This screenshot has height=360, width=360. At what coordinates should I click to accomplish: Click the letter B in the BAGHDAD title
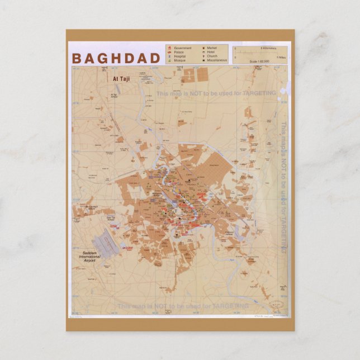[x=76, y=58]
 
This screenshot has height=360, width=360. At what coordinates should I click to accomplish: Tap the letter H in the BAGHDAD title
[x=113, y=58]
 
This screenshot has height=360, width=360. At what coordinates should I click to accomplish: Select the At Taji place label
[x=121, y=79]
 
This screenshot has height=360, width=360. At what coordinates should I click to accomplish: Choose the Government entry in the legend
[x=183, y=48]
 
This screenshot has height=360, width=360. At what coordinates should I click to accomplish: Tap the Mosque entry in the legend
[x=180, y=60]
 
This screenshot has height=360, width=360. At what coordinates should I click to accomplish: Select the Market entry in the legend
[x=212, y=48]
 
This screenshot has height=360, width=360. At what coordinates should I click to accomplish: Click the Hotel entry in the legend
[x=212, y=52]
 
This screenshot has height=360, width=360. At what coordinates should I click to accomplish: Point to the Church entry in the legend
[x=213, y=56]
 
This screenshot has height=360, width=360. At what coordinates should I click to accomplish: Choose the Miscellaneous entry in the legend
[x=218, y=60]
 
